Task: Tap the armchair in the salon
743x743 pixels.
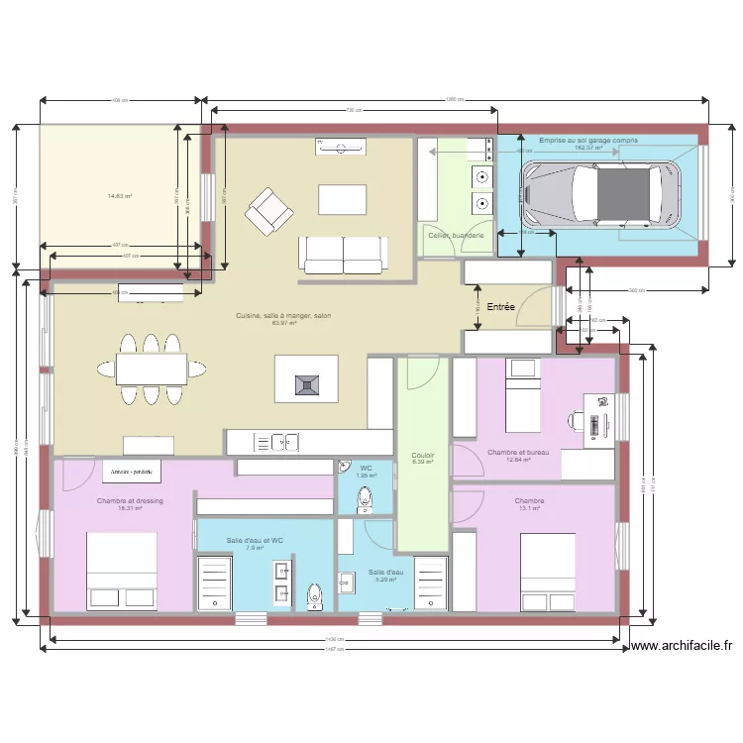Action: tap(269, 211)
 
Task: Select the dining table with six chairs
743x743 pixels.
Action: tap(151, 369)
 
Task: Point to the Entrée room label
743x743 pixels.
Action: tap(500, 307)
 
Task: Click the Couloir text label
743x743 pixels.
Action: tap(423, 456)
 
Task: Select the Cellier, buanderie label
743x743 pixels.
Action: tap(456, 235)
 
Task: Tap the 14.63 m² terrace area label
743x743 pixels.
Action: tap(120, 196)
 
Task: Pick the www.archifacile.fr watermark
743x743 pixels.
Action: tap(681, 646)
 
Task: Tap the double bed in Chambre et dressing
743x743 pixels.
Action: tap(122, 572)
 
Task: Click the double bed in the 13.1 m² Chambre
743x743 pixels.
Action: tap(548, 573)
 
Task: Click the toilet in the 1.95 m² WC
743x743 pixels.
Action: tap(364, 501)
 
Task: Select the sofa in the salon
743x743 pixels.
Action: tap(344, 254)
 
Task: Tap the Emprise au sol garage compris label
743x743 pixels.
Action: tap(588, 141)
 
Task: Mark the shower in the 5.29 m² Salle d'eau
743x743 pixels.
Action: tap(431, 584)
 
